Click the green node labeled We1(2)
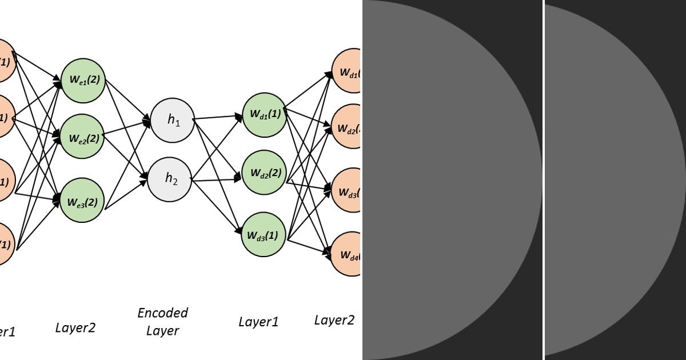(x=83, y=81)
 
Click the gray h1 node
(x=172, y=120)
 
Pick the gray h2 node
(x=170, y=179)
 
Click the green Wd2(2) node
(x=264, y=173)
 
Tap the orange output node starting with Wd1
(x=346, y=71)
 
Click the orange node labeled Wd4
(x=346, y=254)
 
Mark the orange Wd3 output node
(x=346, y=193)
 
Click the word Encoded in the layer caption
(x=163, y=313)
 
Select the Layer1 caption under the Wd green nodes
(x=258, y=322)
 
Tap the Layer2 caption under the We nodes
(x=75, y=327)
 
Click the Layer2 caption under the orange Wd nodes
(x=334, y=320)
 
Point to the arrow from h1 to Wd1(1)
(x=217, y=117)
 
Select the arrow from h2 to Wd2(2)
(x=217, y=180)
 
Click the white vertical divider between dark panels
(x=543, y=180)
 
